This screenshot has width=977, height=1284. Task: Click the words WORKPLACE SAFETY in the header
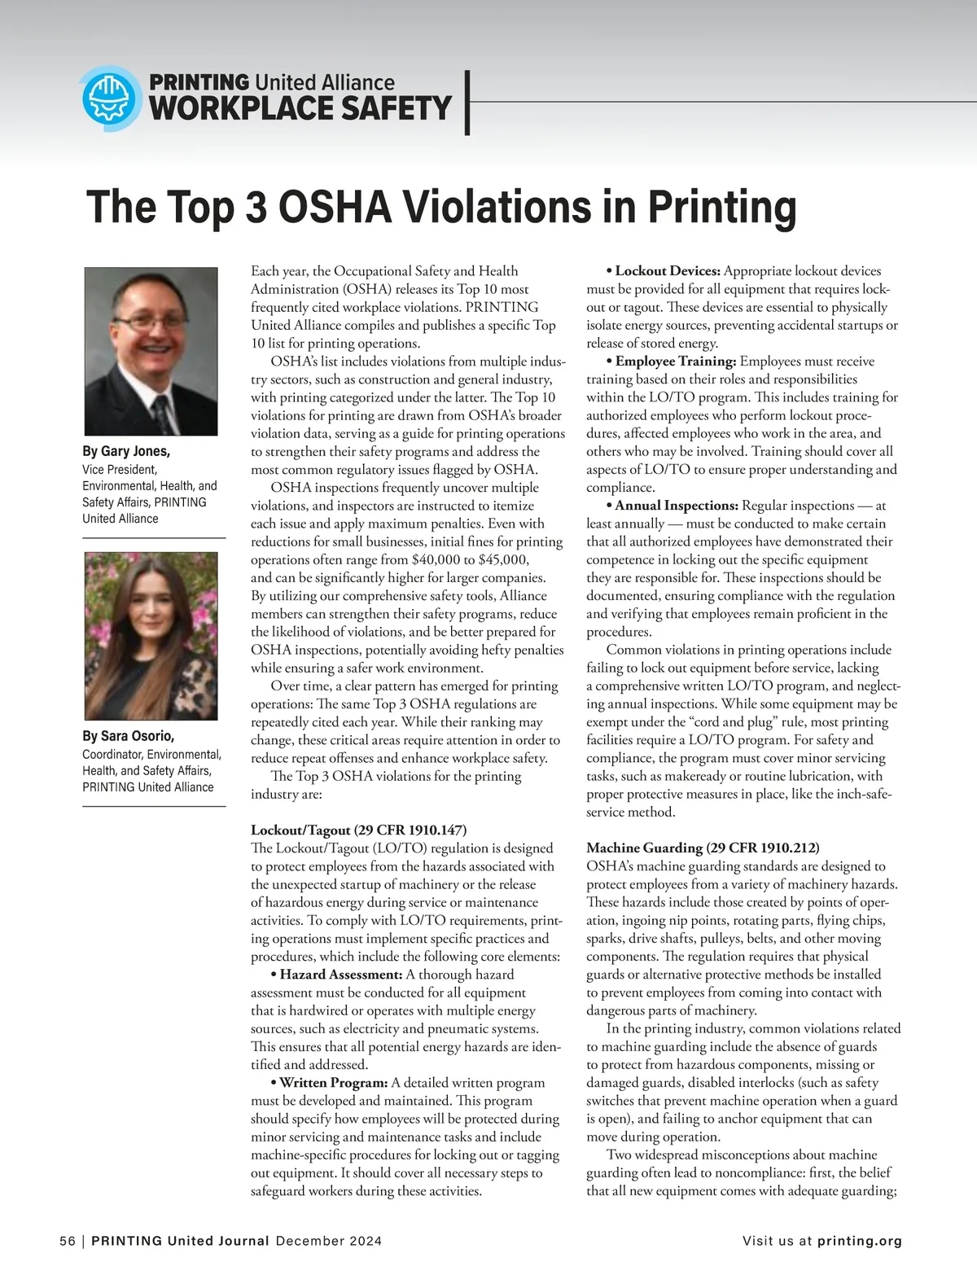(x=300, y=108)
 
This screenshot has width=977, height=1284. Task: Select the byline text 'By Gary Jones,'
(x=126, y=451)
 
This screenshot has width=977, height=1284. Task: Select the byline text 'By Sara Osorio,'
(x=128, y=736)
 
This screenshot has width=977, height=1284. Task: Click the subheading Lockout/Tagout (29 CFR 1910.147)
(x=358, y=830)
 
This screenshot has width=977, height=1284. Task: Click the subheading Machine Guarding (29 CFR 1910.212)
(x=703, y=848)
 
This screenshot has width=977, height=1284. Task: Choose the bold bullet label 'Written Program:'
(x=333, y=1083)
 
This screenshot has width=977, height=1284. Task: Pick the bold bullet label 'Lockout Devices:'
(x=668, y=271)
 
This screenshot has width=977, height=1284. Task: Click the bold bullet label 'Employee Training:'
(x=676, y=361)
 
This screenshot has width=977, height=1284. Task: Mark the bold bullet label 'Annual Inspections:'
(x=677, y=506)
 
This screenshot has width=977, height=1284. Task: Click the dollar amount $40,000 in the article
(x=440, y=559)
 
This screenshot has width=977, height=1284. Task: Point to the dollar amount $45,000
(x=504, y=559)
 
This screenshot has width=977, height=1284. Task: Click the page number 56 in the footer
(x=67, y=1242)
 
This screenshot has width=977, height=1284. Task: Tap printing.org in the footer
(x=860, y=1242)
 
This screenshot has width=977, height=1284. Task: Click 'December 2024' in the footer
(x=329, y=1242)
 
